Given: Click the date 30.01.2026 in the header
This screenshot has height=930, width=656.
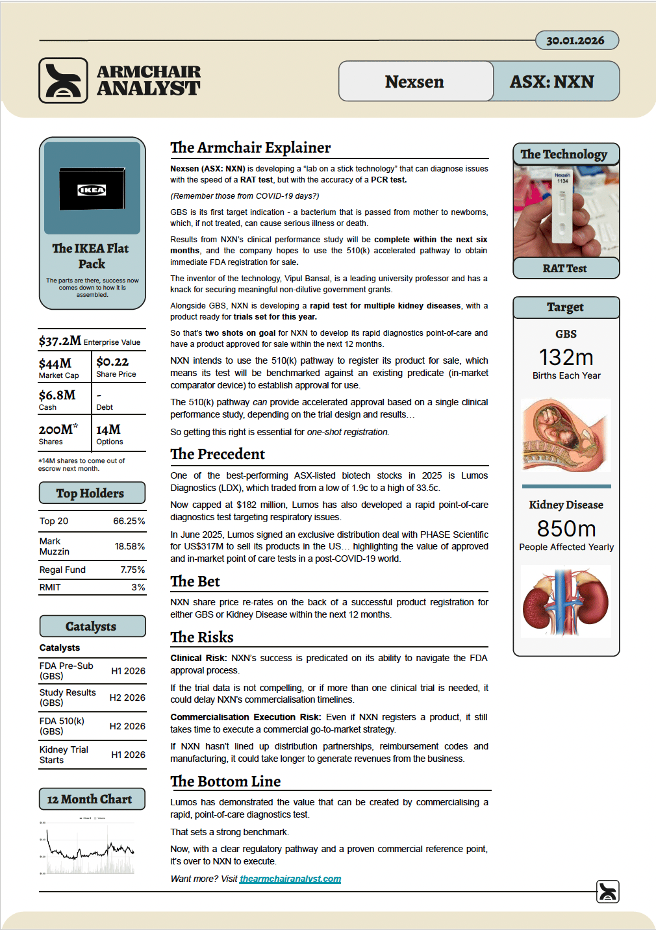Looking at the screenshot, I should pos(575,40).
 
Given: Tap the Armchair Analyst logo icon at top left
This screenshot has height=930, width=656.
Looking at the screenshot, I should pos(63,81).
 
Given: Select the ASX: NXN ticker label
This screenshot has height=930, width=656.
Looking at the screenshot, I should pos(552,82).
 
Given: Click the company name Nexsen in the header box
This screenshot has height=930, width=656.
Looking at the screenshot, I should pos(414,82).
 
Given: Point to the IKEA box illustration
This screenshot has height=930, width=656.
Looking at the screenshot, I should pos(92,189).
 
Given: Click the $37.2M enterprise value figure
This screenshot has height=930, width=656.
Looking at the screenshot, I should pos(60,341).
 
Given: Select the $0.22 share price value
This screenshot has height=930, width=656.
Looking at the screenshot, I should pos(112,362).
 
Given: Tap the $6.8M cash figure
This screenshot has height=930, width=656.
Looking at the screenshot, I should pos(57,395).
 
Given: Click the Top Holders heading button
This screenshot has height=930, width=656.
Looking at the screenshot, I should pos(92,493).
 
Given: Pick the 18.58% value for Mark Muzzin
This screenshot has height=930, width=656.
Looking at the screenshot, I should pos(129,546).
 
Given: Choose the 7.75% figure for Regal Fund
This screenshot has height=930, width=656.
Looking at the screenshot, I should pos(132,570).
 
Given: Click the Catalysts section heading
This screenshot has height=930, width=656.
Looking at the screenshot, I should pos(92,626).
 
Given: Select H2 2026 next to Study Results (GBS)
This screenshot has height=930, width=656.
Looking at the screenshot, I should pos(127,697).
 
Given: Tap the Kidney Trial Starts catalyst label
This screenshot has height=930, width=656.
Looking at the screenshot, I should pos(64,755).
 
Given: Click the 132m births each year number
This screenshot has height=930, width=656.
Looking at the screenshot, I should pos(566,357).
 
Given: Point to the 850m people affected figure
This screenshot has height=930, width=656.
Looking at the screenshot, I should pos(566,529).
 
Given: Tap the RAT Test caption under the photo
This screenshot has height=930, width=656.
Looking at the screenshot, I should pos(565,268).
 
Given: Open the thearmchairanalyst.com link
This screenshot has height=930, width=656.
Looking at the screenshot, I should pos(290,879).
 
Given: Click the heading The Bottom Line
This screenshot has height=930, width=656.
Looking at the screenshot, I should pos(225,781).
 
